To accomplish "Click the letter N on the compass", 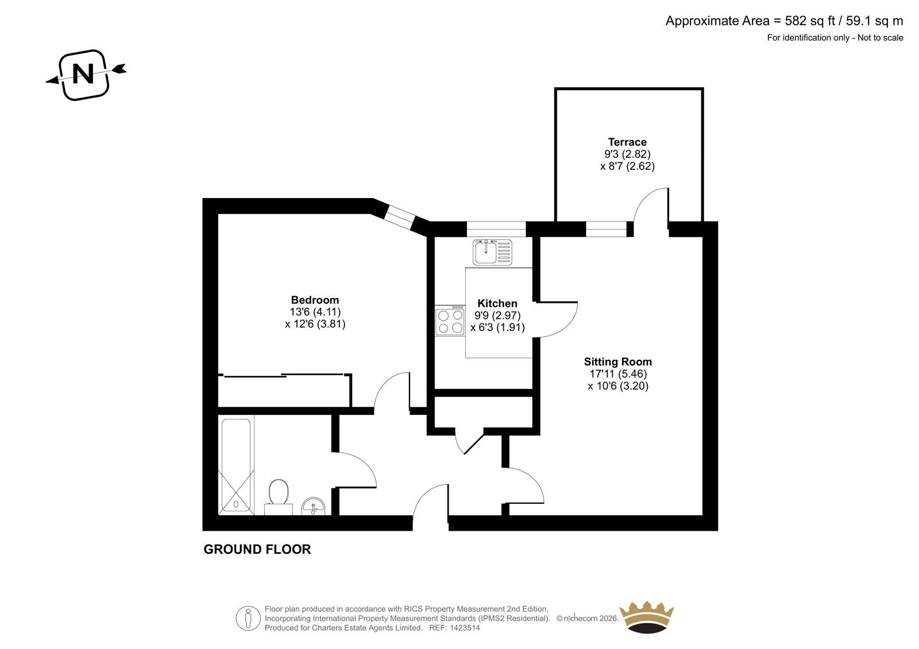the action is coord(83,74).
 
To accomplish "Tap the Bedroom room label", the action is coord(315,300).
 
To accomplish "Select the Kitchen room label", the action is coord(497,304).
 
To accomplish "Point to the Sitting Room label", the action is coord(618,362).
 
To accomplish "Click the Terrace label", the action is coord(627,142).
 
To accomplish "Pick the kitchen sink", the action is coord(492,252).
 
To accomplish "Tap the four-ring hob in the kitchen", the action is coord(450,321).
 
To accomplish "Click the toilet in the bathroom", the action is coord(279,497).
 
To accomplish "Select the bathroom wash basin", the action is coord(314,507).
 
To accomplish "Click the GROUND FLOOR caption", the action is coord(257,549).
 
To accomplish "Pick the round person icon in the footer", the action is coord(248,618).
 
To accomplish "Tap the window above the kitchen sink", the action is coord(496,229).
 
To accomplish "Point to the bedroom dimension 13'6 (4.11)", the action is coord(315,312).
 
